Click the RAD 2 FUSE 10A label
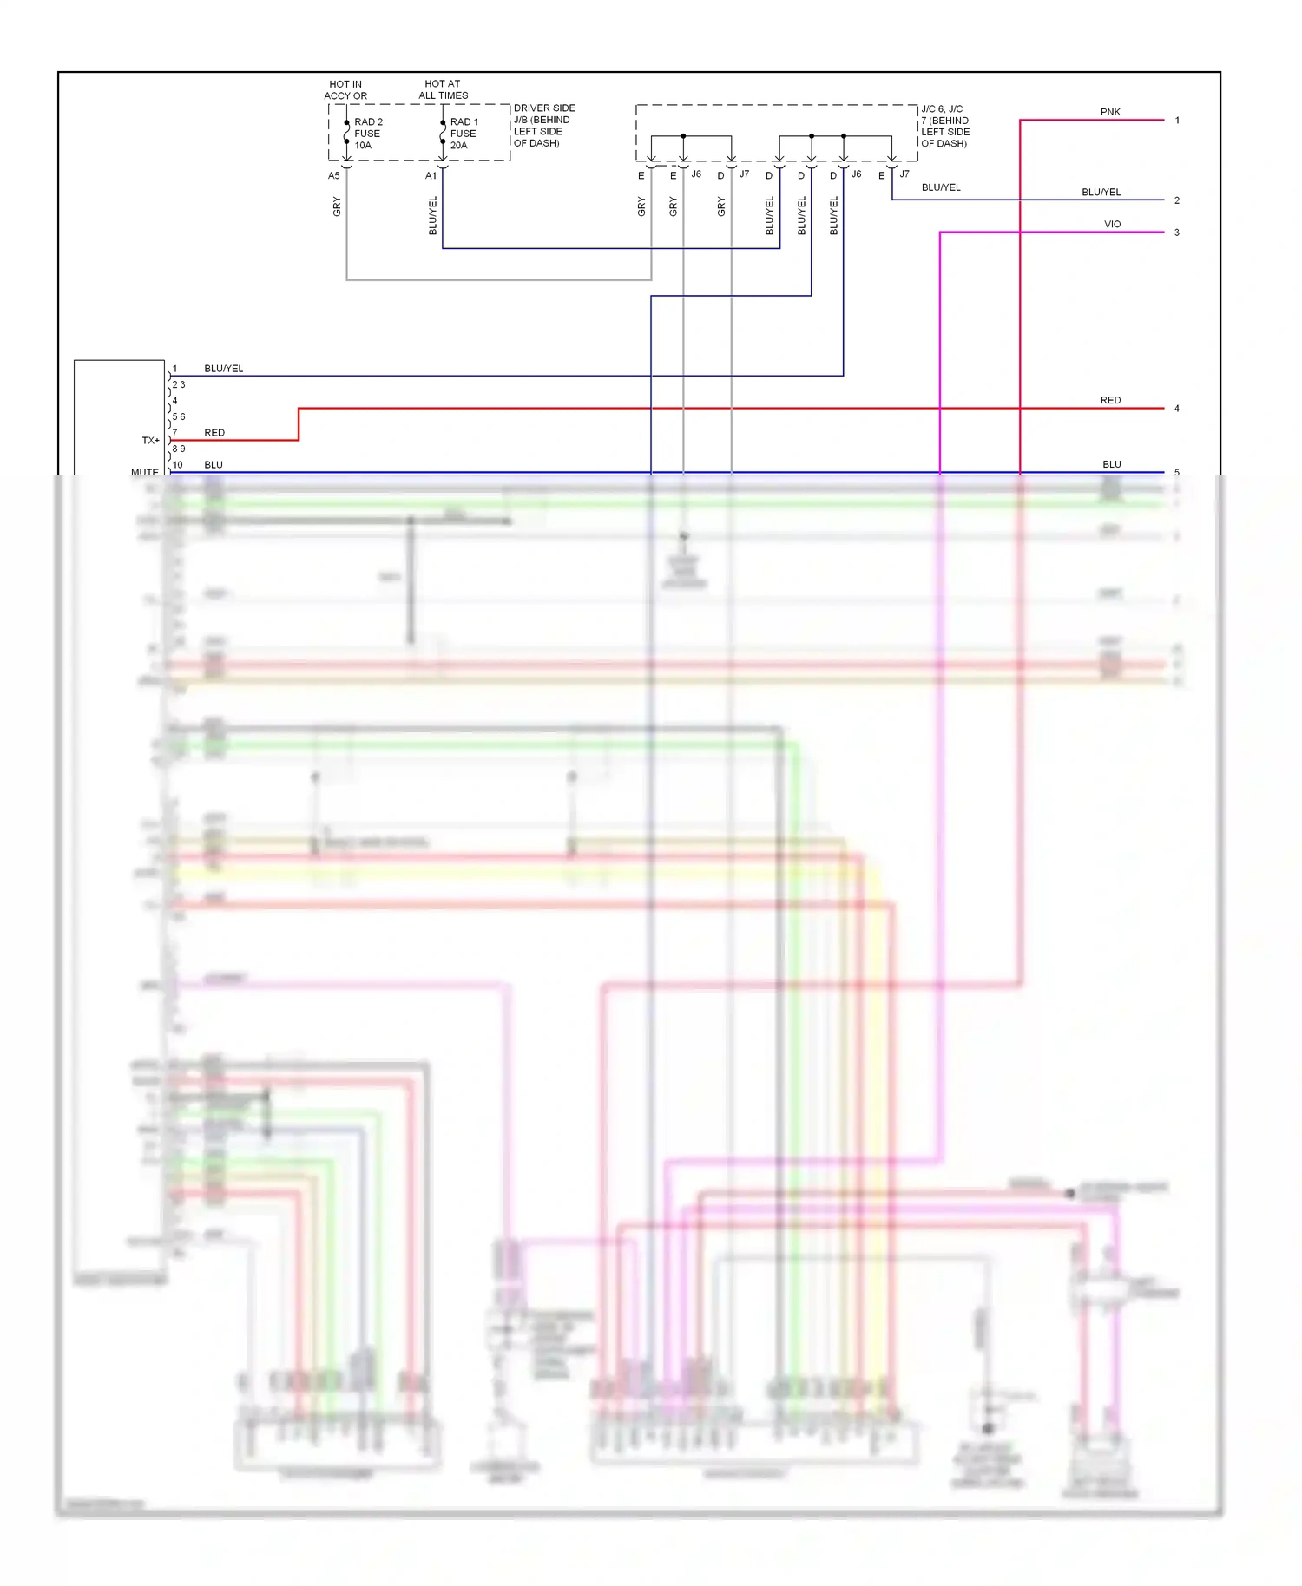pyautogui.click(x=367, y=134)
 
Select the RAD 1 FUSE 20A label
pyautogui.click(x=463, y=134)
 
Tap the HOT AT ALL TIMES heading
pyautogui.click(x=443, y=89)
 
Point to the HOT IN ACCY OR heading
pyautogui.click(x=345, y=89)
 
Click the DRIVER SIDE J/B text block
pyautogui.click(x=543, y=126)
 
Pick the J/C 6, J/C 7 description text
pyautogui.click(x=944, y=127)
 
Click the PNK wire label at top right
pyautogui.click(x=1110, y=112)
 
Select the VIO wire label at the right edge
pyautogui.click(x=1112, y=224)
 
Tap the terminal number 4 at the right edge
pyautogui.click(x=1176, y=409)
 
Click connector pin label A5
pyautogui.click(x=333, y=176)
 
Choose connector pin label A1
pyautogui.click(x=431, y=176)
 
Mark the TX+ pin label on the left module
pyautogui.click(x=150, y=441)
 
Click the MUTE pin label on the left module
pyautogui.click(x=145, y=472)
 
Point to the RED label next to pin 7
pyautogui.click(x=214, y=432)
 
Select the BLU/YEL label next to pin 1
pyautogui.click(x=223, y=369)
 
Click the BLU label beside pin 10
pyautogui.click(x=213, y=464)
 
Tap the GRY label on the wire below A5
pyautogui.click(x=337, y=206)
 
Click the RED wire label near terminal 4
pyautogui.click(x=1110, y=400)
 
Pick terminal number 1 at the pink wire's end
pyautogui.click(x=1176, y=121)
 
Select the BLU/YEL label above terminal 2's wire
pyautogui.click(x=1101, y=192)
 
